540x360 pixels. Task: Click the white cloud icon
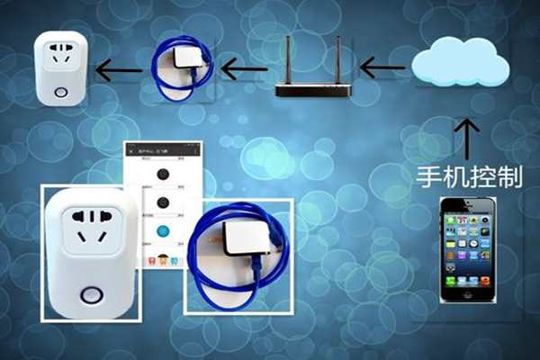coord(460,62)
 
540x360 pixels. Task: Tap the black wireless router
coord(310,89)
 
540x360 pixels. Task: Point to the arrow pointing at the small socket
coord(119,69)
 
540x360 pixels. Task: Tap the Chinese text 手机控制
coord(470,175)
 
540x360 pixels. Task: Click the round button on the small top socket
coord(59,92)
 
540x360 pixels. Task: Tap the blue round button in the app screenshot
coord(163,231)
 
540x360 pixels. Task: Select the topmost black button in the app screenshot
coord(163,174)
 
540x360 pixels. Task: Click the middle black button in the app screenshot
coord(163,202)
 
